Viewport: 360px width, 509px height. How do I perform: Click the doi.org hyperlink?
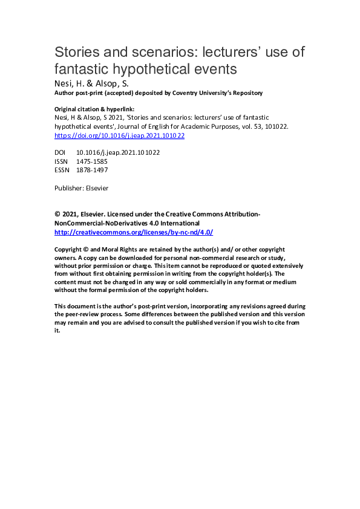tap(119, 136)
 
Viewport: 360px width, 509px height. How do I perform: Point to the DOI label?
tap(61, 153)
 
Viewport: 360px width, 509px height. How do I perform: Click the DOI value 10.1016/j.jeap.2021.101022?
tap(118, 153)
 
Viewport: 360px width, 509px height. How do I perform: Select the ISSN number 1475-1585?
tap(92, 161)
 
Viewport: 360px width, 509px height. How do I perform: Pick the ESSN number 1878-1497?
tap(92, 170)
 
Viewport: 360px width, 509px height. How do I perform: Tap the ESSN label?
tap(62, 170)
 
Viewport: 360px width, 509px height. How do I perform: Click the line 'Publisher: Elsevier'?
tap(82, 188)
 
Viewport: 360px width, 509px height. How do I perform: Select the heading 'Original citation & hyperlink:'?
tap(94, 109)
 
